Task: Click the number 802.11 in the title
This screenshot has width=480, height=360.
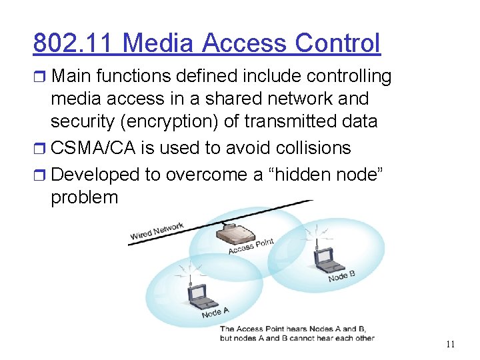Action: [74, 43]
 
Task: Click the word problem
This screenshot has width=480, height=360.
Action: [84, 198]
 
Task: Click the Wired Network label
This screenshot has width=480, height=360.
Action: [157, 231]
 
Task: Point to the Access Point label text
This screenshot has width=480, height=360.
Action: [251, 245]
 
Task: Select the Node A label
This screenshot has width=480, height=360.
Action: [215, 311]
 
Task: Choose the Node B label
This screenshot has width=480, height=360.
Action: [341, 275]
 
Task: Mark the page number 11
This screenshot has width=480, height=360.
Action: [450, 345]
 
